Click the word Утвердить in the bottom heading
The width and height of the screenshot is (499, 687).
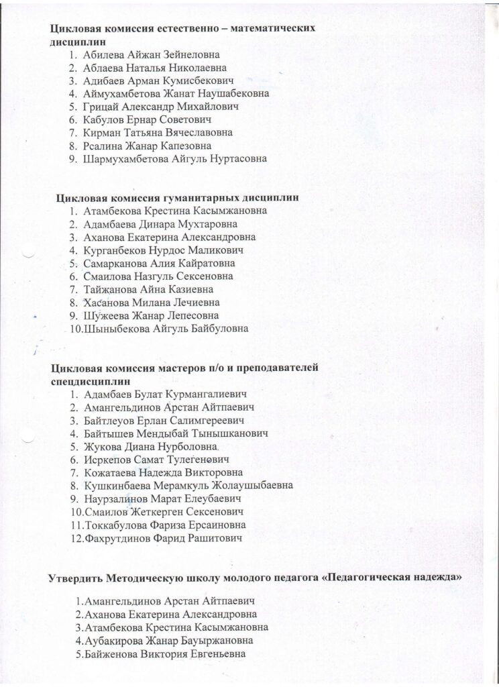coord(76,578)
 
